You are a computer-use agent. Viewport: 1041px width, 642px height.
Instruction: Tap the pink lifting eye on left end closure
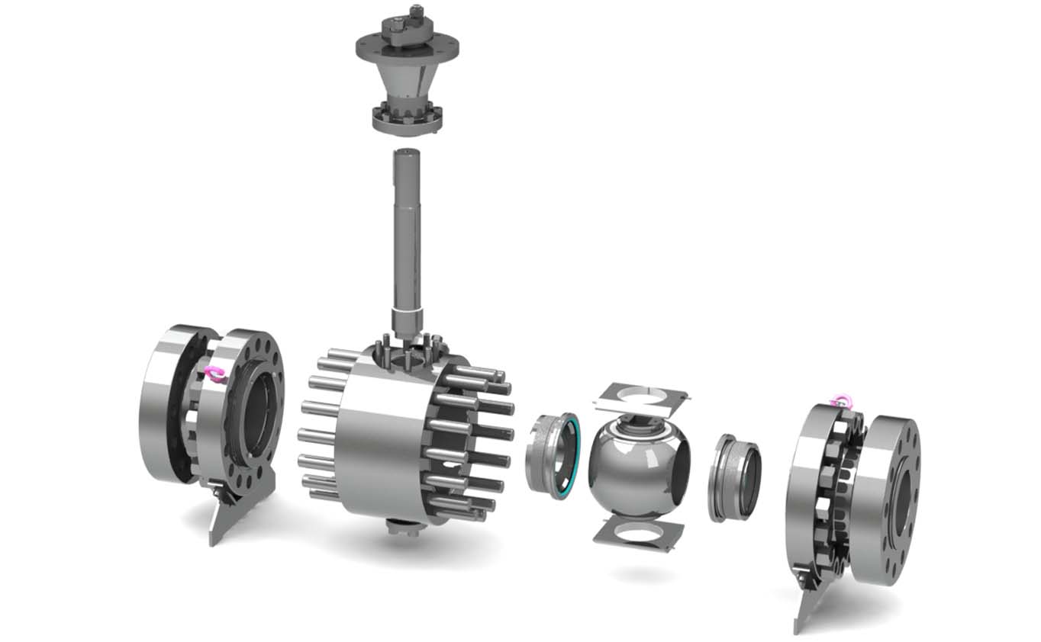click(x=215, y=374)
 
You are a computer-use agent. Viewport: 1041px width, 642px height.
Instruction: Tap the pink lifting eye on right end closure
click(x=841, y=400)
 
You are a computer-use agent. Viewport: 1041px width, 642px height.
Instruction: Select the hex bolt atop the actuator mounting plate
click(x=416, y=14)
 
